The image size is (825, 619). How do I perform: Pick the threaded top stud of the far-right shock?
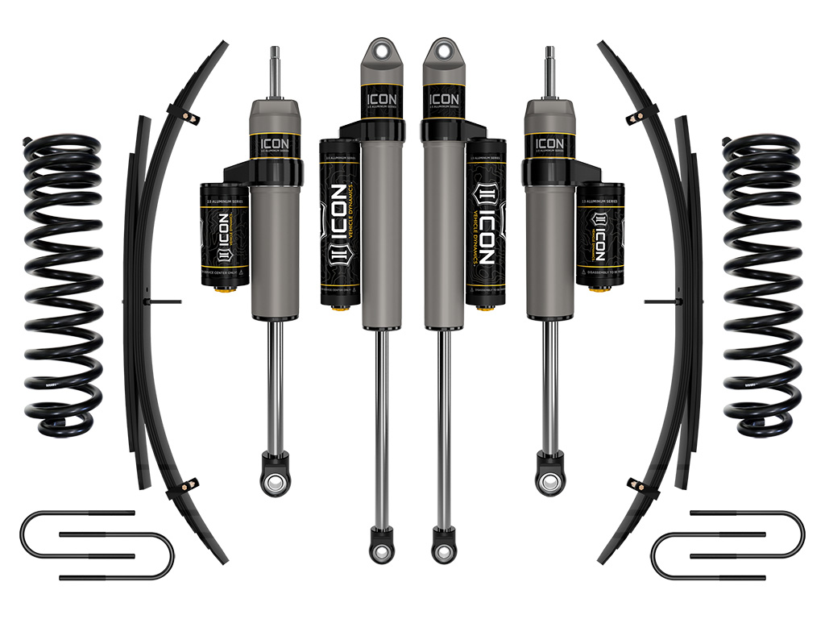click(551, 69)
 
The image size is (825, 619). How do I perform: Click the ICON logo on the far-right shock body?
click(549, 144)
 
